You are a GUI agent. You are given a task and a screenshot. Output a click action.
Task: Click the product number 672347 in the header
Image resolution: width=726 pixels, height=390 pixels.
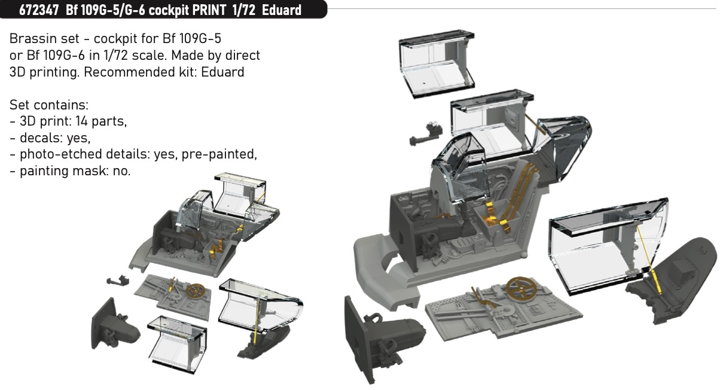coord(39,10)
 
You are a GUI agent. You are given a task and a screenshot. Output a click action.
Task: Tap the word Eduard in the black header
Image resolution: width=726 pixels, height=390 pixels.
coord(282,10)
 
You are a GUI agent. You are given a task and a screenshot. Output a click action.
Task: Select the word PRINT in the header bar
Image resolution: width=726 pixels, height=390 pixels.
coord(209,10)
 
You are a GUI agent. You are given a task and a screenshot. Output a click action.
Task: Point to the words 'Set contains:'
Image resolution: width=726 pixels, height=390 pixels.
coord(49,105)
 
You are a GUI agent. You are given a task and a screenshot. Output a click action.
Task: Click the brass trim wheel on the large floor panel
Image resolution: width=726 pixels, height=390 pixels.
coord(520,288)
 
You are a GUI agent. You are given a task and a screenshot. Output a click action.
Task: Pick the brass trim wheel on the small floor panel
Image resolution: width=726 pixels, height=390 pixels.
coord(196,290)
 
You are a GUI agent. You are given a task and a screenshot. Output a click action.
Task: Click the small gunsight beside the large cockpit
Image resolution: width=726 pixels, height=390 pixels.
coord(426,134)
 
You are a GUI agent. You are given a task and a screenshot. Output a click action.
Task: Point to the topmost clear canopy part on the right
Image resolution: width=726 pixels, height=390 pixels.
coord(437,64)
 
